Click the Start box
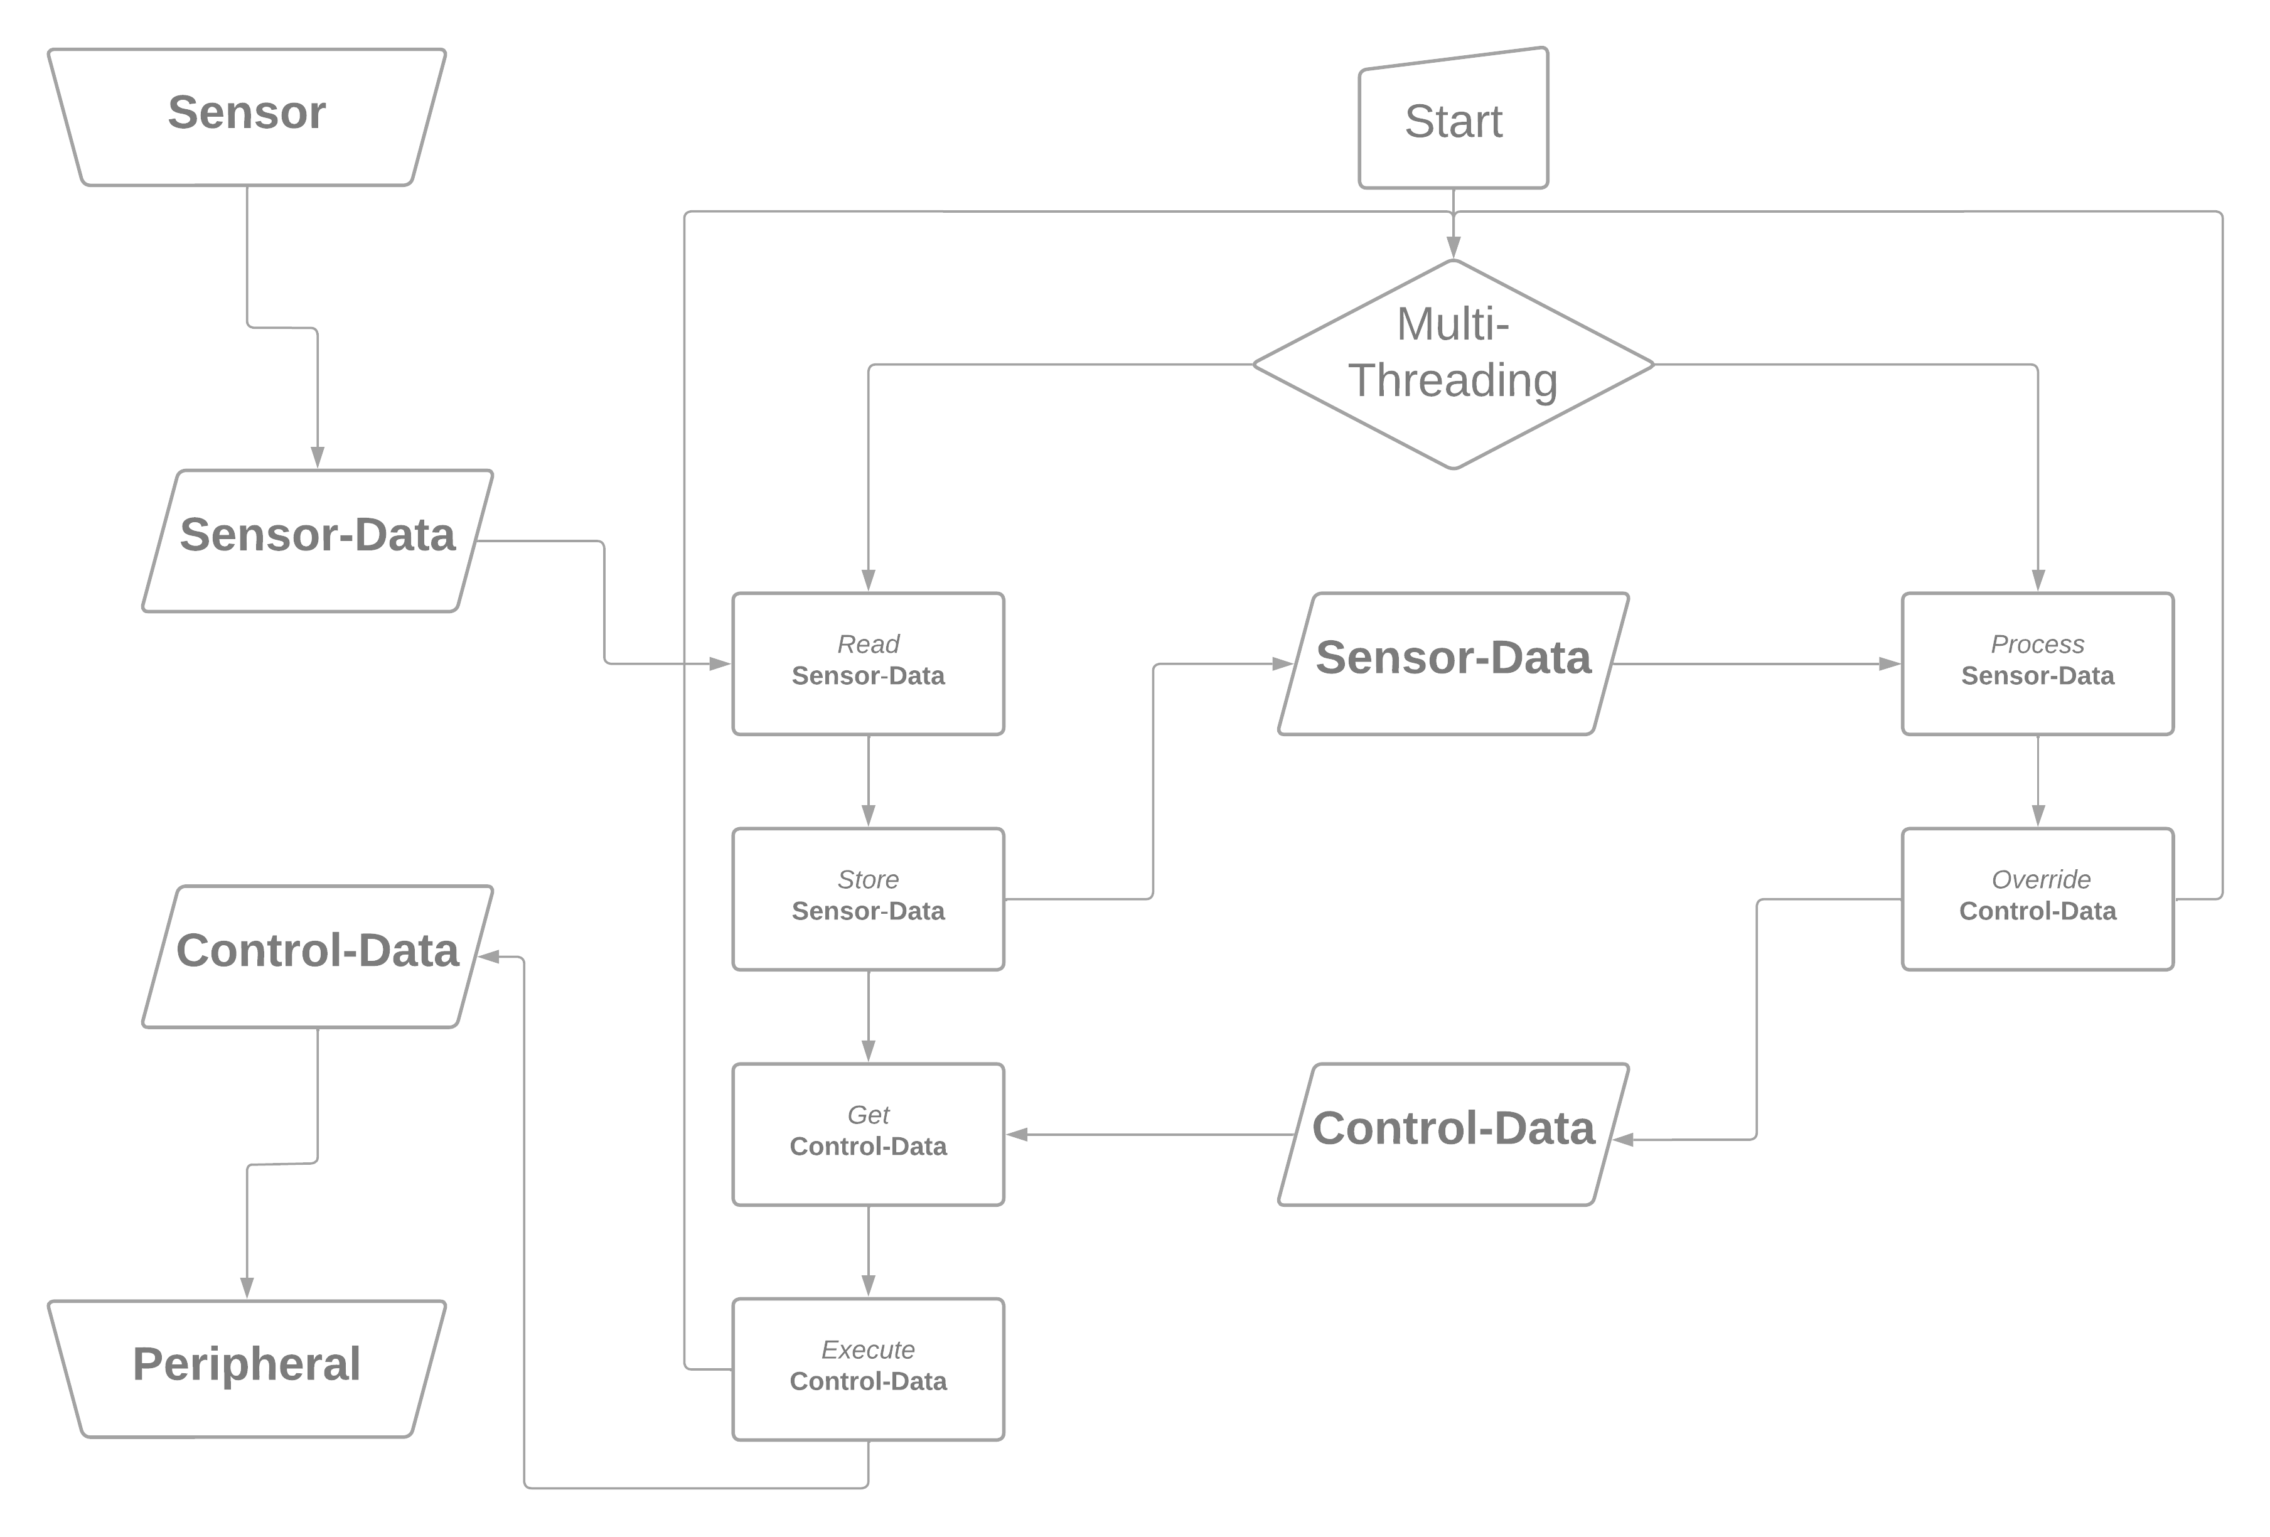(x=1454, y=121)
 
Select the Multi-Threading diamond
(x=1454, y=364)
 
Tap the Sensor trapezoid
(x=247, y=116)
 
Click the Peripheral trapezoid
(x=247, y=1367)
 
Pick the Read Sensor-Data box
(x=869, y=663)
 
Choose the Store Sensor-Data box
(x=869, y=898)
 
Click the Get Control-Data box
(x=869, y=1133)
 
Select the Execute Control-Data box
(x=869, y=1369)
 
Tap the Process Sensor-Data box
(x=2038, y=663)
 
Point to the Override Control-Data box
(x=2038, y=898)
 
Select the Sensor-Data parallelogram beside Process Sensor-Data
(x=1454, y=663)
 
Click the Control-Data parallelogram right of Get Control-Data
(x=1454, y=1133)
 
